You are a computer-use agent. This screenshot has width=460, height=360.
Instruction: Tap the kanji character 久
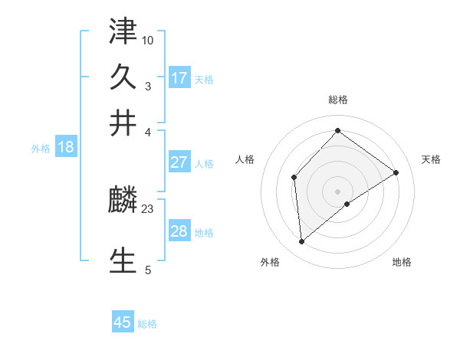tap(123, 77)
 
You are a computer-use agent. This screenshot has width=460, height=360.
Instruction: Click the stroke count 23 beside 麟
tap(148, 209)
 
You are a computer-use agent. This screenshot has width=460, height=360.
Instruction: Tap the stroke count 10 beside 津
tap(148, 39)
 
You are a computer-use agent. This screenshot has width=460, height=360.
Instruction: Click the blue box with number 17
tap(179, 78)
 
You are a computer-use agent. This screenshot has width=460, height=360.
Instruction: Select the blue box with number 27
tap(179, 162)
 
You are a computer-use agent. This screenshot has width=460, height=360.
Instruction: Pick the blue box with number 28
tap(179, 231)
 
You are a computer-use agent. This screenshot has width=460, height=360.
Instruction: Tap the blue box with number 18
tap(66, 148)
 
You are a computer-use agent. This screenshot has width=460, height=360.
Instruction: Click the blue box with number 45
tap(123, 322)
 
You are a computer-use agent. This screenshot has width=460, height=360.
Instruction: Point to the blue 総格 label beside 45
tap(147, 324)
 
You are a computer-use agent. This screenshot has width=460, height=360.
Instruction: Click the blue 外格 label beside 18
tap(41, 149)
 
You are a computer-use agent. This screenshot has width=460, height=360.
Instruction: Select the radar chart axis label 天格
tap(431, 159)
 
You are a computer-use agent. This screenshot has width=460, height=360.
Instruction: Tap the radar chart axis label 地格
tap(402, 262)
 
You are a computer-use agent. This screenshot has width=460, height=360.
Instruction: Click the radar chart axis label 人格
tap(245, 159)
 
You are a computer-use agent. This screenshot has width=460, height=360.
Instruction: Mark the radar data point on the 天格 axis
tap(396, 172)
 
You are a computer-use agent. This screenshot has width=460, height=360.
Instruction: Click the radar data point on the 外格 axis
tap(302, 242)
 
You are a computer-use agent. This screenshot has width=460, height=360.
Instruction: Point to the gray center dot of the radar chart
tap(337, 191)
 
